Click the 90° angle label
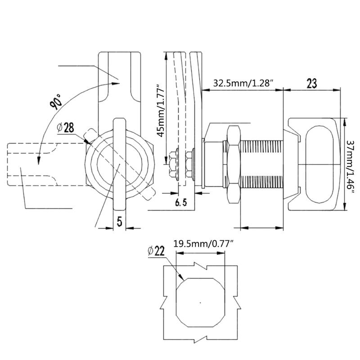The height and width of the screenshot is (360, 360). click(x=55, y=101)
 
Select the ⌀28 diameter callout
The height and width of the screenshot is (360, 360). click(x=66, y=128)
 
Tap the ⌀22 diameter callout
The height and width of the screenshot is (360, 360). click(x=156, y=251)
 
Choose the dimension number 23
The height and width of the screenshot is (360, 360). click(x=312, y=83)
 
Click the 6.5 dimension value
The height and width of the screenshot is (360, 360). click(x=181, y=202)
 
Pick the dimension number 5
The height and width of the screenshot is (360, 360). click(x=119, y=221)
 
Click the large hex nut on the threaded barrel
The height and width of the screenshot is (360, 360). click(x=234, y=164)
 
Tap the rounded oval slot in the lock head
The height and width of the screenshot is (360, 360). click(x=319, y=164)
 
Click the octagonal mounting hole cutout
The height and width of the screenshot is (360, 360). click(x=200, y=302)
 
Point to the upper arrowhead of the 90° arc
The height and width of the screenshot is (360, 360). click(x=116, y=83)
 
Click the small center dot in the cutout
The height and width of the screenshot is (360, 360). click(x=200, y=302)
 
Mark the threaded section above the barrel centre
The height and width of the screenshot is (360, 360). click(x=261, y=147)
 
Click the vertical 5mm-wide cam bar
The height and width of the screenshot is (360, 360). click(x=120, y=164)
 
